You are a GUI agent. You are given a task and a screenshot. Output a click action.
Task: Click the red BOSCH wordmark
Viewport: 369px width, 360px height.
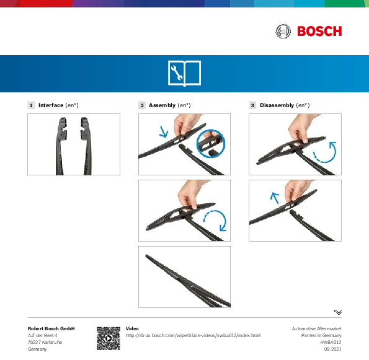pos(319,31)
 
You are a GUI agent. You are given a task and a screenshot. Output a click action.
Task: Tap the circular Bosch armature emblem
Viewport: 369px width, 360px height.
pos(283,31)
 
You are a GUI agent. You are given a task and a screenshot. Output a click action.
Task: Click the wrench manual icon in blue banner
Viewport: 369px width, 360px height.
pos(185,73)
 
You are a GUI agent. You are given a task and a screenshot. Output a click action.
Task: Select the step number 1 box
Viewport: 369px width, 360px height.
pos(31,105)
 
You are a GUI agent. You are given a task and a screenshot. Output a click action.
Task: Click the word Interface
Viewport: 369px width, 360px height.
pos(51,105)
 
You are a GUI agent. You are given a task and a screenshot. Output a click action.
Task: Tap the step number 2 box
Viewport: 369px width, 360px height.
pos(142,105)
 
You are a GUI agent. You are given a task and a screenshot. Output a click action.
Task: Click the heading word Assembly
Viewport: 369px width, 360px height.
pos(162,105)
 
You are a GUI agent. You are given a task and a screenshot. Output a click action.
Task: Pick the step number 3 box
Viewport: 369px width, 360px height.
pos(252,105)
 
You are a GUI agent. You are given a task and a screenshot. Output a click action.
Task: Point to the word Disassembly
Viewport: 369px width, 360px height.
pos(277,105)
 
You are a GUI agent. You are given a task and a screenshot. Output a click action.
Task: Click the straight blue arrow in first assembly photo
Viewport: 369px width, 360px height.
pos(163,132)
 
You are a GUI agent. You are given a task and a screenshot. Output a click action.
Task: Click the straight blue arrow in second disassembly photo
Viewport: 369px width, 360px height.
pos(274,198)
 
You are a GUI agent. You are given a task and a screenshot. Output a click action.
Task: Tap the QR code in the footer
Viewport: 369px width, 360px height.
pos(109,338)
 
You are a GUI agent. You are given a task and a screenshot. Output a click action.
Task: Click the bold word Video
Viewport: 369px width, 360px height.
pos(132,328)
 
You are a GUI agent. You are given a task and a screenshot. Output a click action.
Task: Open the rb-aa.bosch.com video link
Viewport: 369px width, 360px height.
pos(193,336)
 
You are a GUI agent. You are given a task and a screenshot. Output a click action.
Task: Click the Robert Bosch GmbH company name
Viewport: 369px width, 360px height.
pos(51,328)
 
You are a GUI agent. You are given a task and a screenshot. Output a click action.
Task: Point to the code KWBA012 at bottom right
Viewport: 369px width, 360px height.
pos(331,342)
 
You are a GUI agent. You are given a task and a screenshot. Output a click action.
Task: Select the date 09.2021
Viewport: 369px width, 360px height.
pos(332,349)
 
